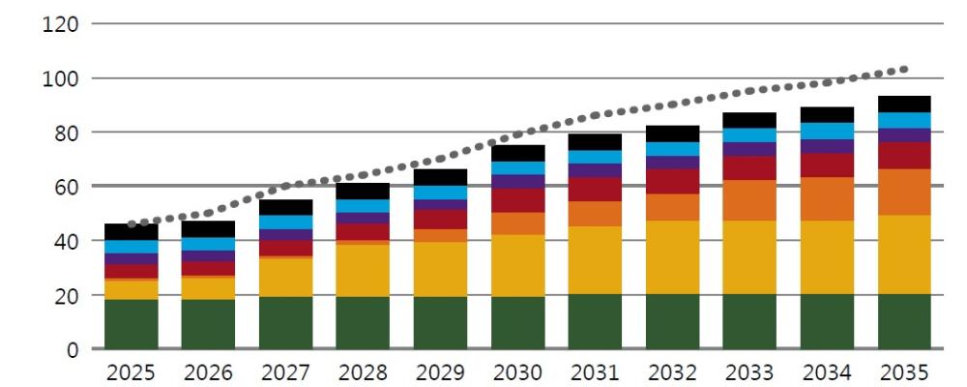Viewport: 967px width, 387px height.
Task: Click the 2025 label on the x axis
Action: point(131,372)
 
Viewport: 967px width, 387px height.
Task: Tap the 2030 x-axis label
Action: point(517,372)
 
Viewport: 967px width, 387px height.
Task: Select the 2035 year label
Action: point(904,372)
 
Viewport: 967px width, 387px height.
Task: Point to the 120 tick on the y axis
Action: point(60,24)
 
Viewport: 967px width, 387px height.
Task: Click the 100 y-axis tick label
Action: point(60,78)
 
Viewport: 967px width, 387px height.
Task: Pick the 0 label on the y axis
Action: point(73,349)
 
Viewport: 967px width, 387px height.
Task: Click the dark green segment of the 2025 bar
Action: point(131,324)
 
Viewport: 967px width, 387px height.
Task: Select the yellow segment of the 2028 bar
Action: point(363,271)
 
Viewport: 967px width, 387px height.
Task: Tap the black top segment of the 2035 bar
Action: point(904,104)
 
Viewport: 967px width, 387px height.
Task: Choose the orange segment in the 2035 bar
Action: point(904,192)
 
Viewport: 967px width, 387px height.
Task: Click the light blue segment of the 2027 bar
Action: point(285,223)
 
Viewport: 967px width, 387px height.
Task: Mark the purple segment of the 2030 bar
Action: point(517,182)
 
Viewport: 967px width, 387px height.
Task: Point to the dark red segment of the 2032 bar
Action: point(672,182)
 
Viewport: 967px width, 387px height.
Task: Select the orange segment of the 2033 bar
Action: point(749,200)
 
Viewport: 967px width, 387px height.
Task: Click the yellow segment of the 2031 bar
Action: point(595,260)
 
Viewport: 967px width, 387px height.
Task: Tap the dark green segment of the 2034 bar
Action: point(827,321)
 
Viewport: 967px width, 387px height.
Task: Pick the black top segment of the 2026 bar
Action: point(208,229)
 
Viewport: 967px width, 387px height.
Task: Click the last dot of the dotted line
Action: point(904,69)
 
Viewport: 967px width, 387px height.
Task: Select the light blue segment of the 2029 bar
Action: point(440,193)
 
